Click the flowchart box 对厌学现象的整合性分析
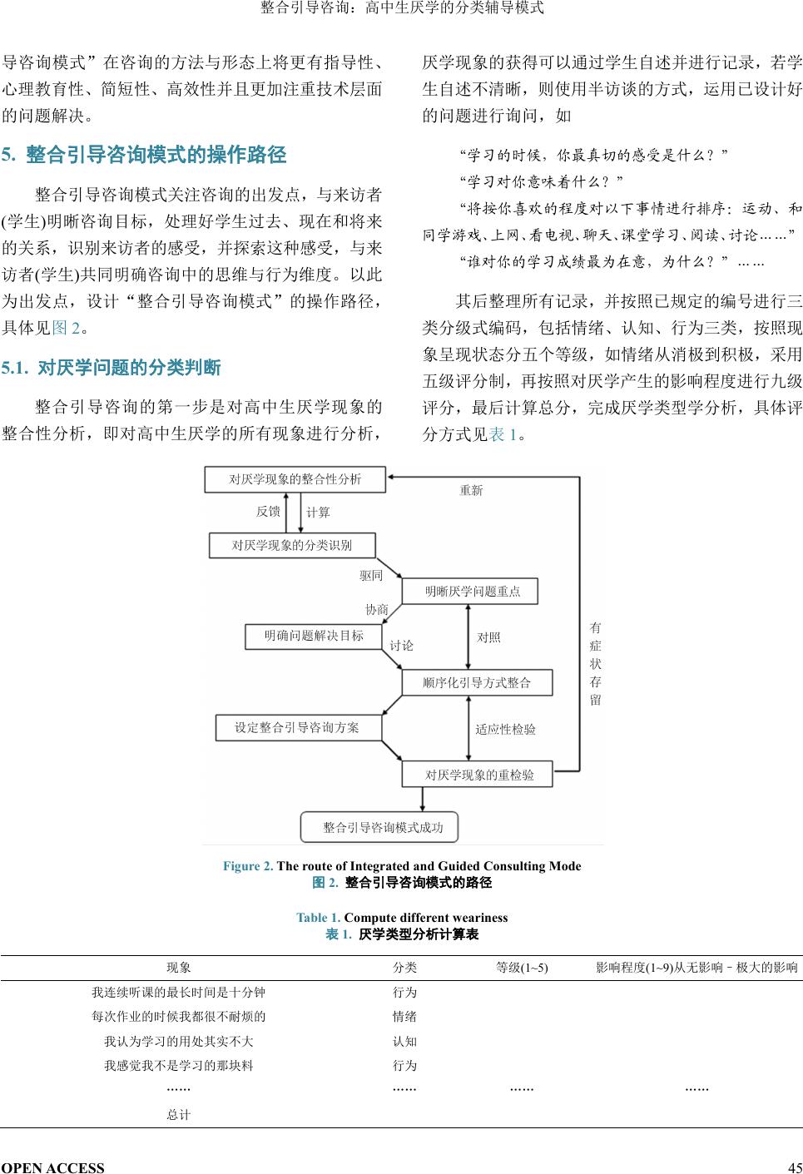coord(295,479)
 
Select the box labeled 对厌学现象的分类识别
coord(291,546)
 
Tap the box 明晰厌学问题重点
coord(469,592)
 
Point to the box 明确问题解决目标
coord(314,637)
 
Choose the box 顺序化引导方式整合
coord(476,683)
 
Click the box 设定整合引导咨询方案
coord(297,728)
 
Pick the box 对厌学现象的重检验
coord(478,775)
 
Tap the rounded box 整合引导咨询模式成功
coord(379,827)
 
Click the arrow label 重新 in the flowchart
coord(471,491)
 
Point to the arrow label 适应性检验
coord(505,730)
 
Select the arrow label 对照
coord(488,637)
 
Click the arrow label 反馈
coord(268,512)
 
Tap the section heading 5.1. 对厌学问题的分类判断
coord(112,368)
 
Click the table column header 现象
coord(179,968)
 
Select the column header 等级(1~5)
coord(522,968)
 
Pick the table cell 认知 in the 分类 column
coord(404,1041)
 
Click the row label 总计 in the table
coord(179,1115)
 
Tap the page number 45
coord(795,1167)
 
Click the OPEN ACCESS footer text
coord(53,1167)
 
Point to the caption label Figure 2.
coord(247,866)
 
